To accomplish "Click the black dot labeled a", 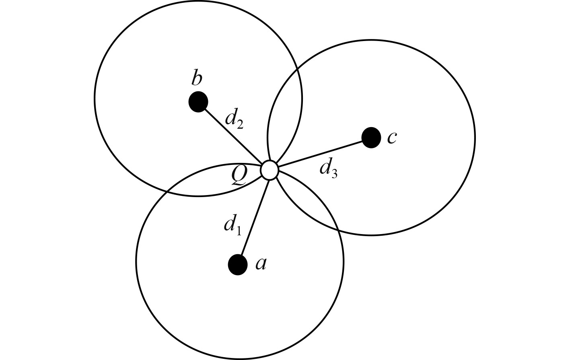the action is pyautogui.click(x=238, y=265).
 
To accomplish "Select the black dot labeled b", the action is pyautogui.click(x=198, y=102).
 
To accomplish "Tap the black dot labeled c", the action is pyautogui.click(x=371, y=138).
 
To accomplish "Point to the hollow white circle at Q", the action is pyautogui.click(x=269, y=170).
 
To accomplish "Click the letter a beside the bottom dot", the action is pyautogui.click(x=261, y=263).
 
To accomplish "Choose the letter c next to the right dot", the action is pyautogui.click(x=392, y=137).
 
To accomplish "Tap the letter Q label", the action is pyautogui.click(x=239, y=176).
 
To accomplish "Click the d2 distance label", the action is pyautogui.click(x=234, y=119).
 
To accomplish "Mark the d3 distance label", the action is pyautogui.click(x=328, y=167).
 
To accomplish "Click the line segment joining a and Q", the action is pyautogui.click(x=254, y=217).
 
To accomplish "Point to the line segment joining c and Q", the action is pyautogui.click(x=322, y=153).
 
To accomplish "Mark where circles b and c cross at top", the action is pyautogui.click(x=297, y=70).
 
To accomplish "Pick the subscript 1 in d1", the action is pyautogui.click(x=238, y=230).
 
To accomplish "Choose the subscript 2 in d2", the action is pyautogui.click(x=240, y=125).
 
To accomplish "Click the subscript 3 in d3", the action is pyautogui.click(x=334, y=173).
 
